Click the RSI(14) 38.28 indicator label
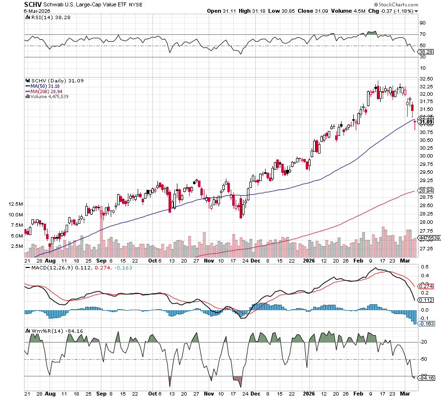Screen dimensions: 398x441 pos(46,18)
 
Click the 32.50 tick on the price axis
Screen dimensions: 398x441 pos(426,79)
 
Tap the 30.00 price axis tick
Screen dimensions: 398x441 pos(426,156)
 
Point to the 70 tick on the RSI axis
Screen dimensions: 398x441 pos(422,34)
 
